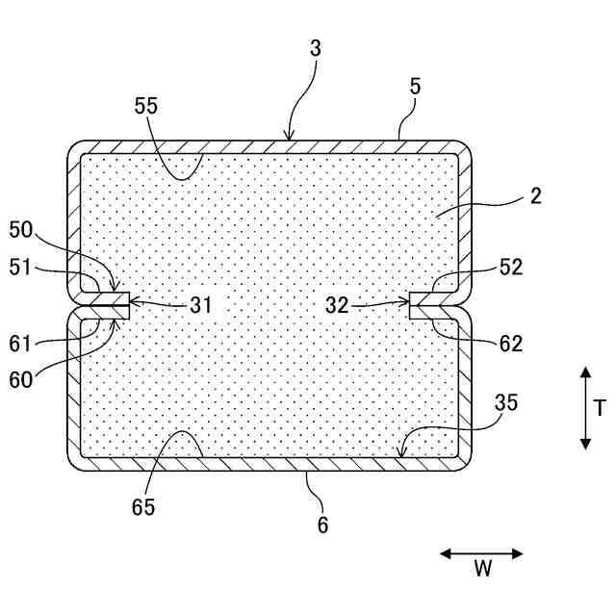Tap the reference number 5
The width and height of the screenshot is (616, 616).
pos(415,86)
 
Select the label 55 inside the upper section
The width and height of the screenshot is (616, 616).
pos(146,108)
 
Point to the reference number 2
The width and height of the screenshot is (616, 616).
pos(535,197)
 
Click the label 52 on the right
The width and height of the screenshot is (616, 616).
pos(511,268)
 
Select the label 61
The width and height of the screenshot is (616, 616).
pos(21,343)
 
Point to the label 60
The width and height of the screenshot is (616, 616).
pos(21,379)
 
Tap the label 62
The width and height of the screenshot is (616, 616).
pos(511,343)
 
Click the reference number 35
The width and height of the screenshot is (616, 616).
pos(505,402)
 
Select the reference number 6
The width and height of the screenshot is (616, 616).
pos(323,525)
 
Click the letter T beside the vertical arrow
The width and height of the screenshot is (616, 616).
pos(600,408)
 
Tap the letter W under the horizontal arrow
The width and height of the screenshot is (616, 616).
pos(482,569)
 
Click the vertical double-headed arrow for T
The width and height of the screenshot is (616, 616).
pos(584,408)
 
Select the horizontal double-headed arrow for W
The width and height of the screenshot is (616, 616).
pos(481,553)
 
